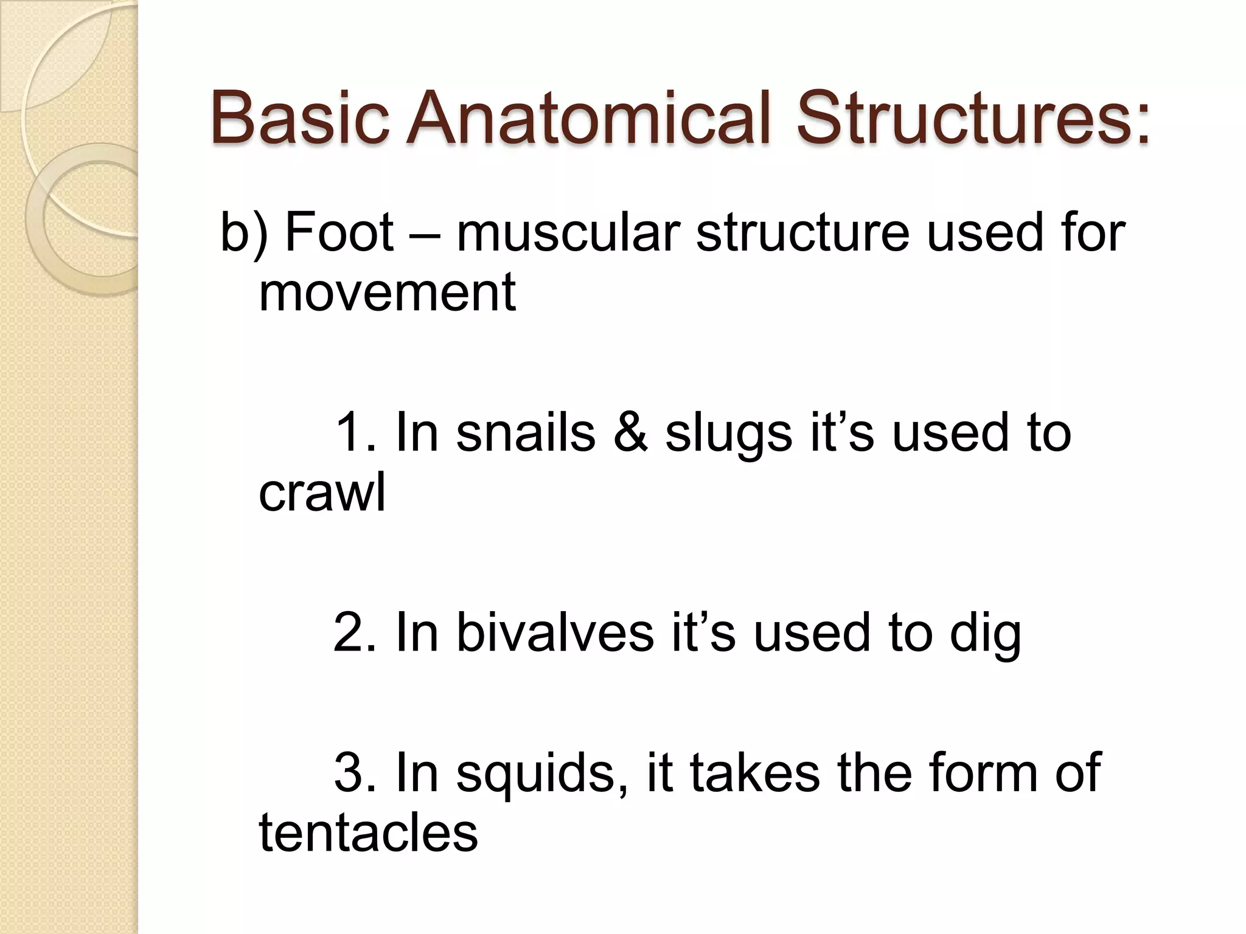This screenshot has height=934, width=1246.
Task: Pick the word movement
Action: (388, 292)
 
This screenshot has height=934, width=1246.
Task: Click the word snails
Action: (526, 433)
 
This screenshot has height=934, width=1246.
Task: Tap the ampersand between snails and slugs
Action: (631, 433)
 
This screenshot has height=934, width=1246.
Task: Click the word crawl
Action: (322, 492)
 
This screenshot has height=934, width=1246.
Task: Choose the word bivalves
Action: (555, 632)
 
